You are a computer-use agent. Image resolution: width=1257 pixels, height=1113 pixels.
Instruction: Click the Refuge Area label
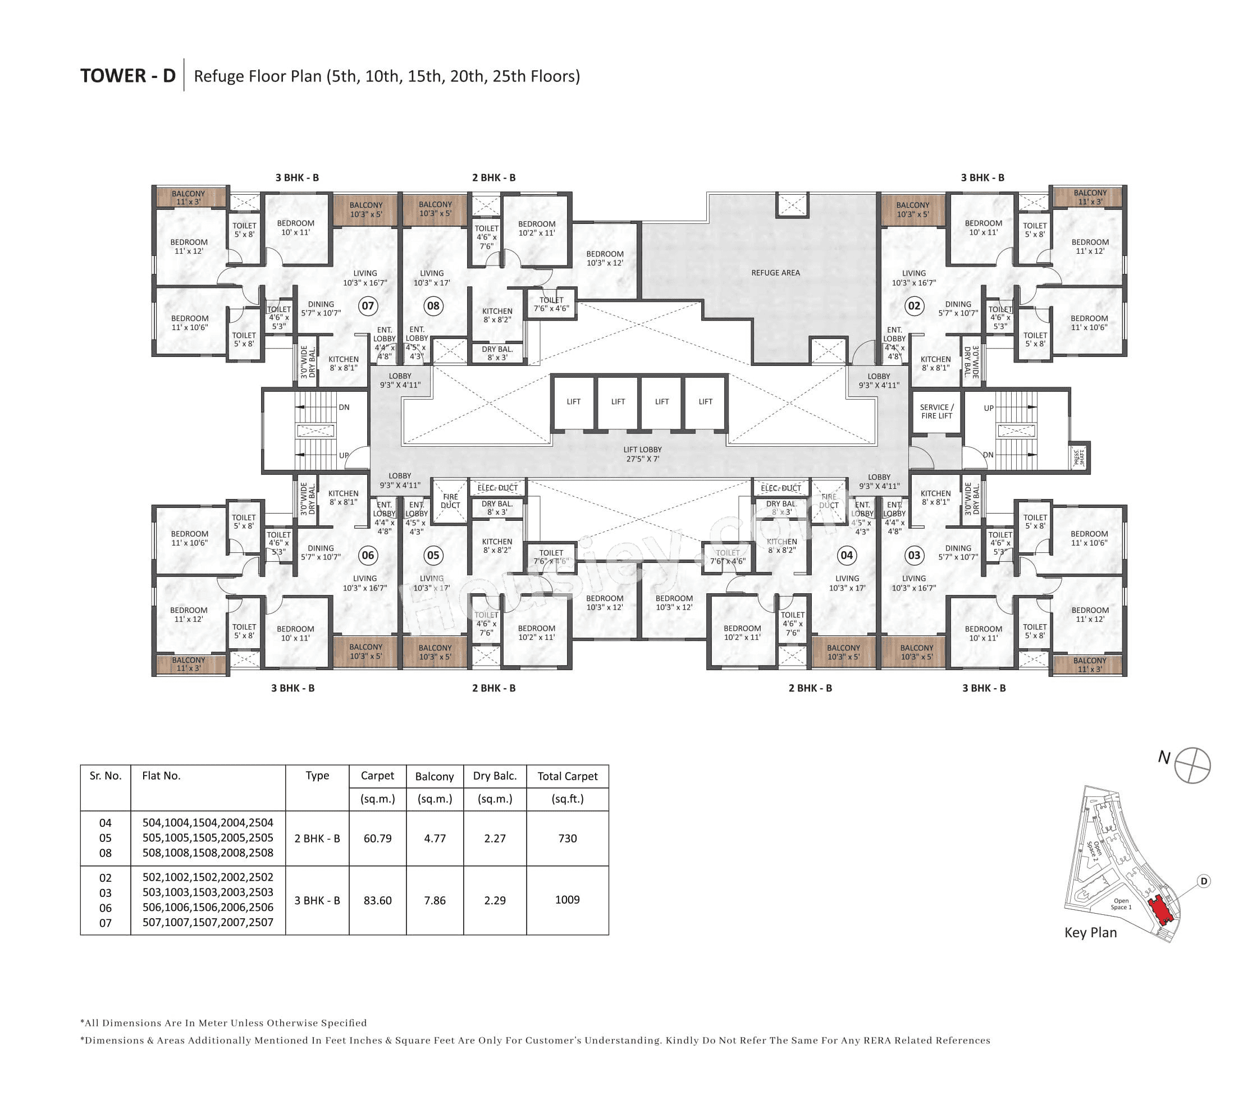point(775,272)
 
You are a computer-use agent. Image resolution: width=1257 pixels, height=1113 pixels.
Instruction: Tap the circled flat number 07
point(368,306)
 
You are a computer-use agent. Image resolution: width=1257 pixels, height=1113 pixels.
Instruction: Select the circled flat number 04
point(846,555)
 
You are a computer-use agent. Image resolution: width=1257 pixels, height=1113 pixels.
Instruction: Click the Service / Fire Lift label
point(936,411)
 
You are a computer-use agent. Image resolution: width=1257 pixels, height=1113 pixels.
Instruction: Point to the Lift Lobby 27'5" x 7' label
point(642,454)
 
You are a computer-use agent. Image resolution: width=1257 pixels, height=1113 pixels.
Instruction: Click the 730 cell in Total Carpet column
point(567,838)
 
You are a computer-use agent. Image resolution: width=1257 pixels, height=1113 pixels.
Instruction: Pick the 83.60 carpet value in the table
point(377,900)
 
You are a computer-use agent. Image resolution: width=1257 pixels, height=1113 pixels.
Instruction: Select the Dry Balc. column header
point(495,776)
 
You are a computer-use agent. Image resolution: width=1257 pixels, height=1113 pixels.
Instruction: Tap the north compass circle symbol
point(1192,766)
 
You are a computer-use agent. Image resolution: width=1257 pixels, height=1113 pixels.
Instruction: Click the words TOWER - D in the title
point(128,76)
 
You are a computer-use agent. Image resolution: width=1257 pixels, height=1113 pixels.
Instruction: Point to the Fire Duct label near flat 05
point(450,501)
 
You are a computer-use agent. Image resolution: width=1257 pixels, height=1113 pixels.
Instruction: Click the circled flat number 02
point(914,306)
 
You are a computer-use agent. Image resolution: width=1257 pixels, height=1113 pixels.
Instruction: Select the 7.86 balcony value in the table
point(434,900)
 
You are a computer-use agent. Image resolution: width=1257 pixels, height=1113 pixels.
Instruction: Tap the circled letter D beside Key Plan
point(1204,881)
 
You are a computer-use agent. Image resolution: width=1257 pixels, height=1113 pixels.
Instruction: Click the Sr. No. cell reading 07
point(105,923)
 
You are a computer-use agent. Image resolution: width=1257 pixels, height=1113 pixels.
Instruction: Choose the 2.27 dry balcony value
point(495,838)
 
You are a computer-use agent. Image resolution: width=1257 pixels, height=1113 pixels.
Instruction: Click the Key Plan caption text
point(1090,932)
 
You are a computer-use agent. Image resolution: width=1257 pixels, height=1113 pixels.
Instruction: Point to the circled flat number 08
point(433,306)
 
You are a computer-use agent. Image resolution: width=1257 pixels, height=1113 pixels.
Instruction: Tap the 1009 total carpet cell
point(567,900)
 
